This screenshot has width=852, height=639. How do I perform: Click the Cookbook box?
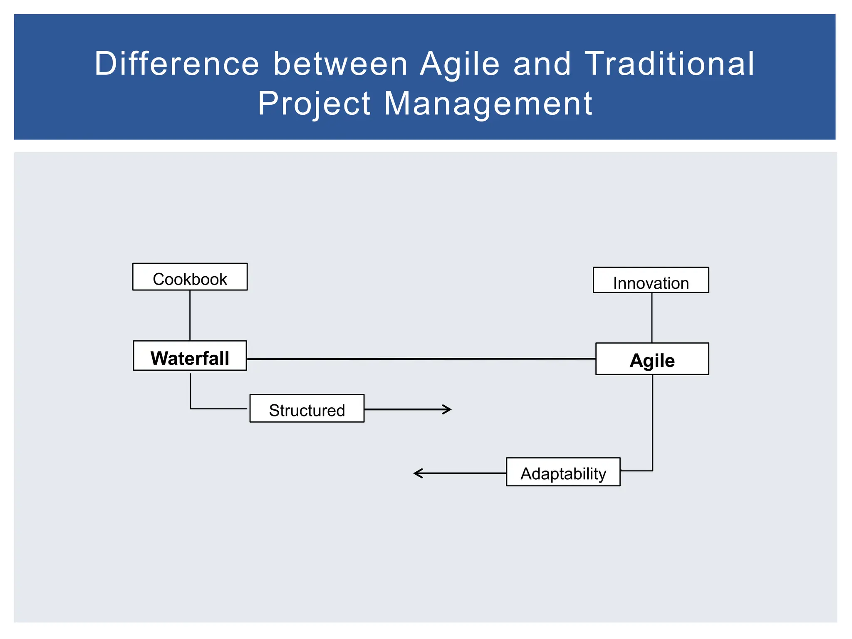(190, 277)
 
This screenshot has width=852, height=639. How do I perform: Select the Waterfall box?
(190, 356)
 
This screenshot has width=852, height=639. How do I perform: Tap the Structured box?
(307, 409)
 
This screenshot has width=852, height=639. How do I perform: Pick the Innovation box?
(651, 280)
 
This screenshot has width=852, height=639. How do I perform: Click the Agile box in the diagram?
(652, 359)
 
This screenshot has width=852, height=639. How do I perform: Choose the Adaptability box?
(563, 472)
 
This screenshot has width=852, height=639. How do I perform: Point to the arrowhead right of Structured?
(448, 409)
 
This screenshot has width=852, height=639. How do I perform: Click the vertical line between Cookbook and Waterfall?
(190, 315)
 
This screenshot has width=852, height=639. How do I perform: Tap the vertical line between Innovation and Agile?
(652, 317)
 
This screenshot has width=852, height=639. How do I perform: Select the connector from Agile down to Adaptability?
(652, 422)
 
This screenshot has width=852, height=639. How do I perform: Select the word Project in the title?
(314, 104)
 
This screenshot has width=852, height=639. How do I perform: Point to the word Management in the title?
(488, 104)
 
